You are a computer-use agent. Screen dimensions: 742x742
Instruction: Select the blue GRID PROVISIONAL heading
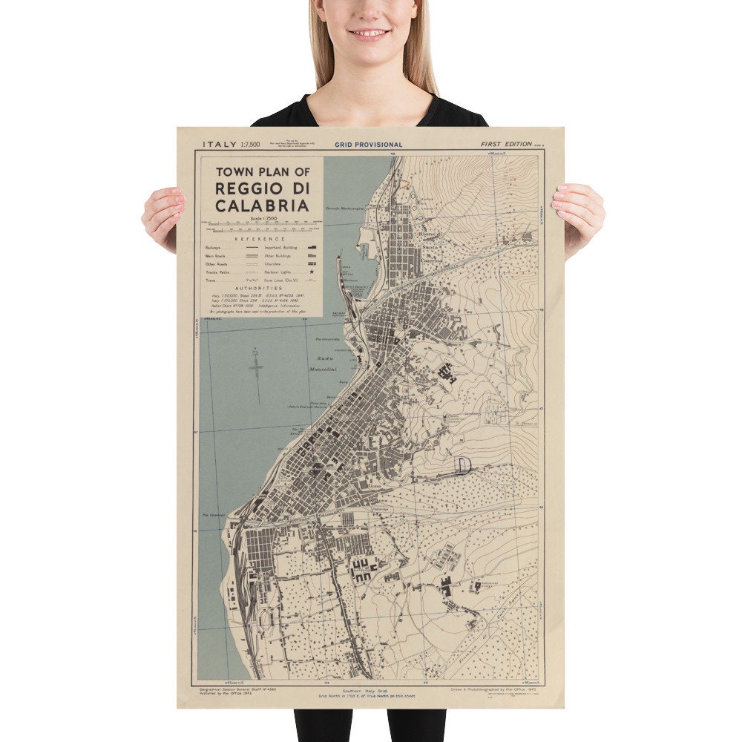point(368,145)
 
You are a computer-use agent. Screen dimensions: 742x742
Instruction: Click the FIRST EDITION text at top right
point(505,144)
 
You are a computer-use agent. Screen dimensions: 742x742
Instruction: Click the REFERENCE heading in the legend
point(259,239)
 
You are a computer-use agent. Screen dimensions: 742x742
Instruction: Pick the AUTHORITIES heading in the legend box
point(259,288)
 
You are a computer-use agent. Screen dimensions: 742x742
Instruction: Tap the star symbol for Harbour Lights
point(311,272)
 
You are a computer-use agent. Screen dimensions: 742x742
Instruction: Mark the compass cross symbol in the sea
point(256,368)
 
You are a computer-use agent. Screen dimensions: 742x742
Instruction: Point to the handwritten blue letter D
point(463,465)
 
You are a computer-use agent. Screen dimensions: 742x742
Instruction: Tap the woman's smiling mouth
point(369,33)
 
